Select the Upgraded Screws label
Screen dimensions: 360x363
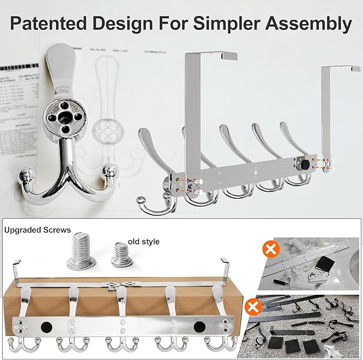coord(37,230)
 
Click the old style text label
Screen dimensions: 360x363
coord(143,242)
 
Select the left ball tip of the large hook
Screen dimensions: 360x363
coord(26,174)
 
